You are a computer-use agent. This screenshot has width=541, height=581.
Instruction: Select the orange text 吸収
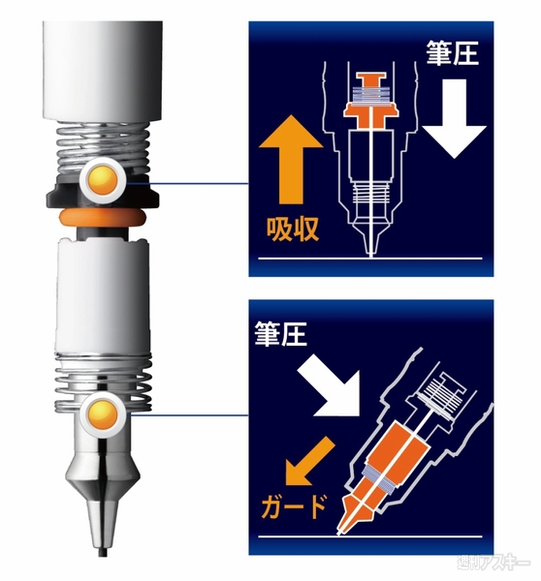292,231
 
